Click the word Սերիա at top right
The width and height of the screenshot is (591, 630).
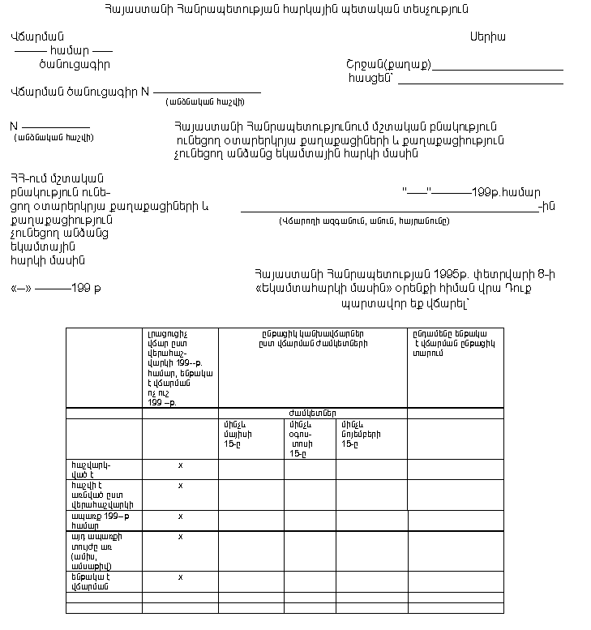(488, 36)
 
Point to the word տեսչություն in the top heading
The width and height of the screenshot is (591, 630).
(434, 9)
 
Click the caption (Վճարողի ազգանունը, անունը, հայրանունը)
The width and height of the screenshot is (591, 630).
(364, 221)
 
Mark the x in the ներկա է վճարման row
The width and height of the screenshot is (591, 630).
(180, 577)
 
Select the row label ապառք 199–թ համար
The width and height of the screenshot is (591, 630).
(96, 520)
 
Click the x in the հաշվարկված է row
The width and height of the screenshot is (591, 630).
(180, 465)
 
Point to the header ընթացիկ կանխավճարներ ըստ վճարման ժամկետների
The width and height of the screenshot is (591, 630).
(312, 338)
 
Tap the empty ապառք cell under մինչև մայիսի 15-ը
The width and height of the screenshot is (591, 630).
(251, 520)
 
